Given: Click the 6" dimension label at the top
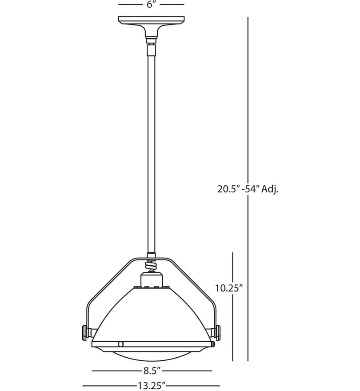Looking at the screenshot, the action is [x=151, y=4].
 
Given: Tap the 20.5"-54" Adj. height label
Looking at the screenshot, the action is [x=248, y=189].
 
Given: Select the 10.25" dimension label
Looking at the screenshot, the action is [x=229, y=288].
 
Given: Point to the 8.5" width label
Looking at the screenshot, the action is [x=152, y=371].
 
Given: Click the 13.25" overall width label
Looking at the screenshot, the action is [x=152, y=386].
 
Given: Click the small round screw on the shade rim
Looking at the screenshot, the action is [x=121, y=344].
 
